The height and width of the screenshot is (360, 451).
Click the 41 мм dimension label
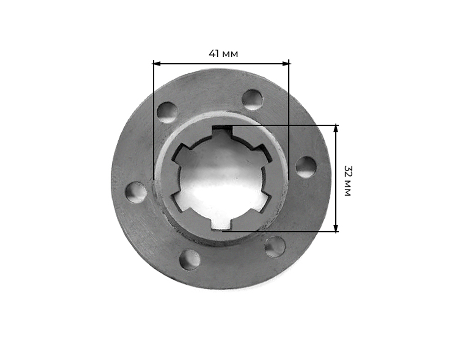coord(223,54)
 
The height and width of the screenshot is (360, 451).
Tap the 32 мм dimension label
coord(347,181)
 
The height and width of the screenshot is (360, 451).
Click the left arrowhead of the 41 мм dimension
coord(157,64)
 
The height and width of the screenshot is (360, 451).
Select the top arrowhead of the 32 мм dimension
coord(336,129)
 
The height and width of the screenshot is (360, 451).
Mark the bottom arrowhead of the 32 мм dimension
coord(336,228)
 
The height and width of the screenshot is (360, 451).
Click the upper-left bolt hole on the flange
coord(167,113)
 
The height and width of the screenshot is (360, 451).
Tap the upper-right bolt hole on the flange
coord(252,100)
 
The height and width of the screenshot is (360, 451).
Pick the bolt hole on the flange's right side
coord(306,167)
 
